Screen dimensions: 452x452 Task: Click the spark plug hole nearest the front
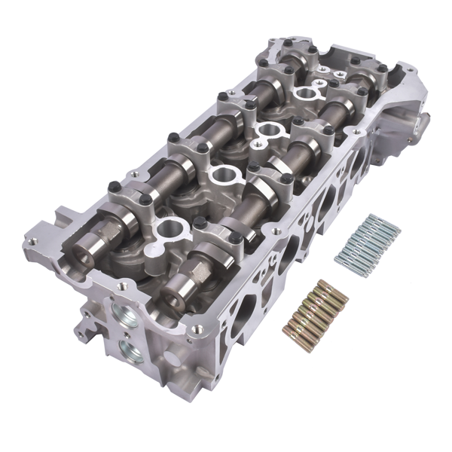tap(171, 225)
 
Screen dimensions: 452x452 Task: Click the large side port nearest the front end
tap(241, 316)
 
